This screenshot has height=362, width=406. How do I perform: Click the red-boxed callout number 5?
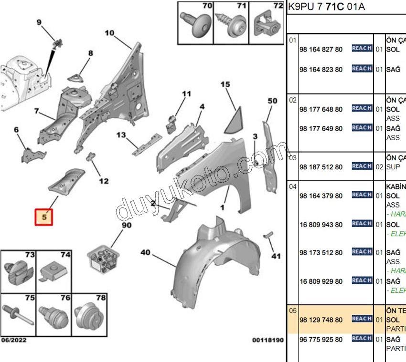tap(43, 217)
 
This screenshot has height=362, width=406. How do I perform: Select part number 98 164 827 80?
tap(321, 49)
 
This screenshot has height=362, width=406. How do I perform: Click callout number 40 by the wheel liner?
tap(146, 252)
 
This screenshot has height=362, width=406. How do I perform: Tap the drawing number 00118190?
tap(268, 340)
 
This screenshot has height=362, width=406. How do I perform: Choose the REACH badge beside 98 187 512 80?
tap(362, 166)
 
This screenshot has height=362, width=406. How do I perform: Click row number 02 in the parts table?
tap(293, 100)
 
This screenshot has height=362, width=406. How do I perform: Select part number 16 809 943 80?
tap(321, 224)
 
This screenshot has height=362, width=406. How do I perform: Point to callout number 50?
tap(272, 101)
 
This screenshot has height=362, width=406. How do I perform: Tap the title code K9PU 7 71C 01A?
tap(320, 7)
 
